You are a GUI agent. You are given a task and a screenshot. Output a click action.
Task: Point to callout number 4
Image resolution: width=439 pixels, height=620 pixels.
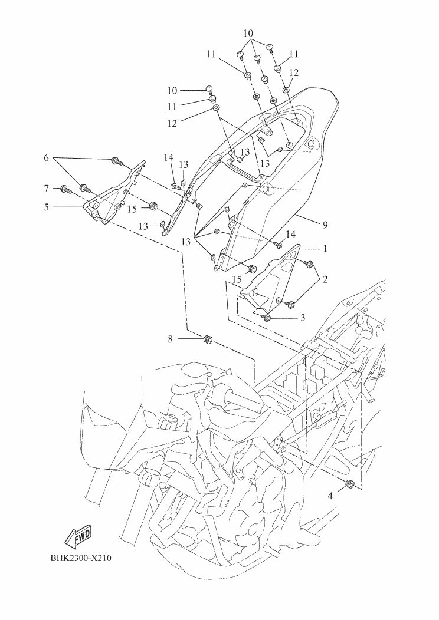click(330, 496)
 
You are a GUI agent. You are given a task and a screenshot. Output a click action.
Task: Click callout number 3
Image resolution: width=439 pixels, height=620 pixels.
click(303, 318)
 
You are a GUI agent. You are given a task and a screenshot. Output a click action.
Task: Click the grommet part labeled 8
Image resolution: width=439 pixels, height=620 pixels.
click(207, 340)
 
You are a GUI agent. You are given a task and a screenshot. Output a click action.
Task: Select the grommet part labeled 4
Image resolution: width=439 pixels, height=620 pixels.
click(349, 484)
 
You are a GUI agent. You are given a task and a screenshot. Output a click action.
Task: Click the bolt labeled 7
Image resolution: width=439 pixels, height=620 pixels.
click(64, 189)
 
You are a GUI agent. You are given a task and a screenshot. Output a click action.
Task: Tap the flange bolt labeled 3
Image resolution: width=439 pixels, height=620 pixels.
click(267, 318)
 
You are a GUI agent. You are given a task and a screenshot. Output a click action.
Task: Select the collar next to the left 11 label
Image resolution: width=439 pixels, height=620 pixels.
click(214, 98)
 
